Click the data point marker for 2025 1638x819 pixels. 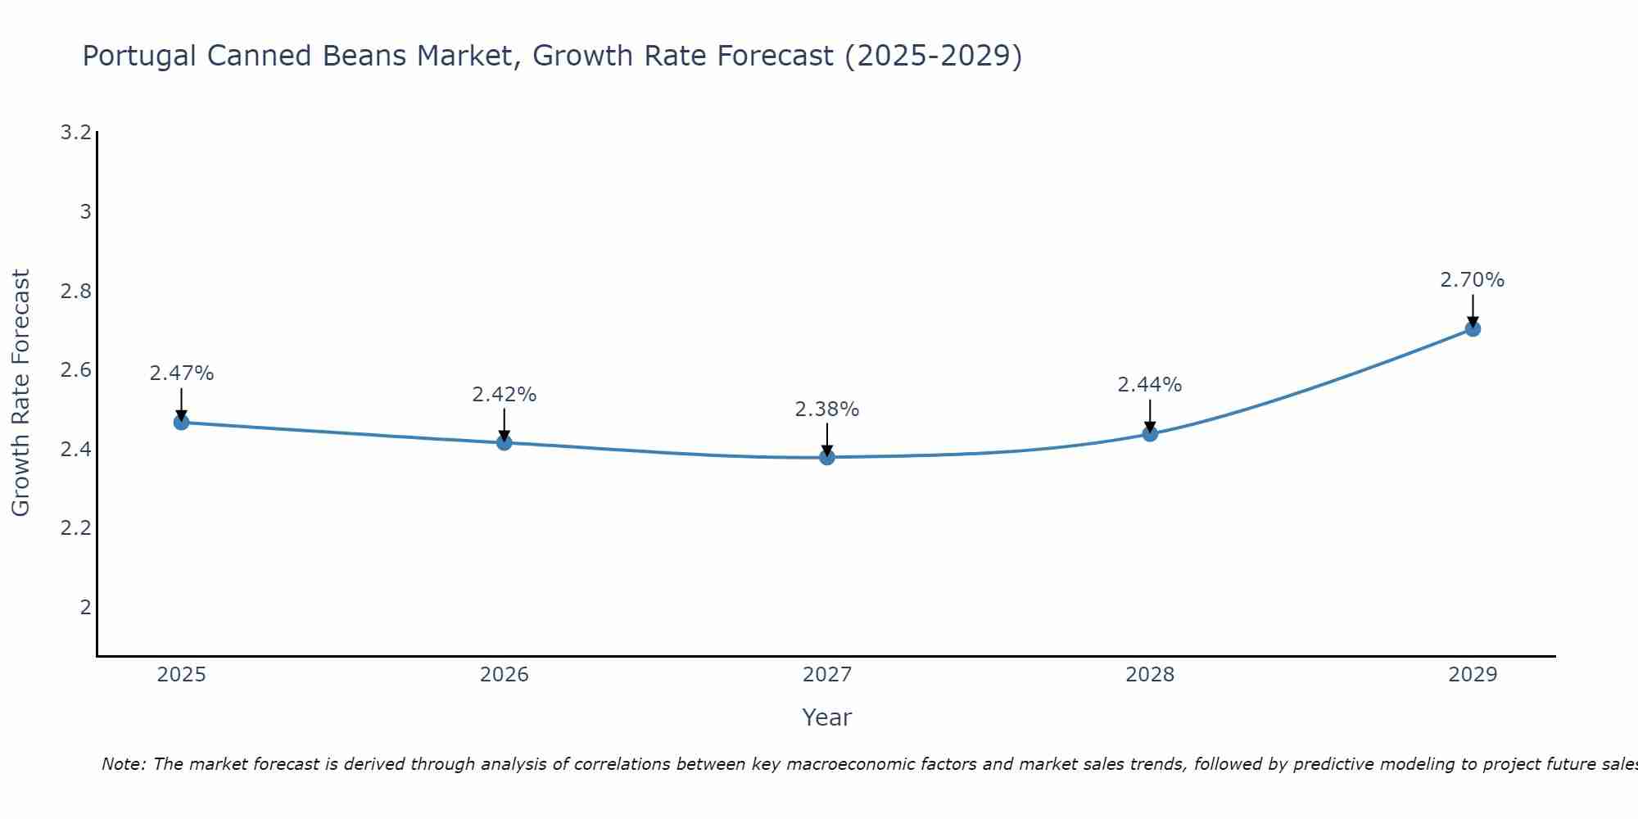182,423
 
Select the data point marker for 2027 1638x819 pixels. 827,457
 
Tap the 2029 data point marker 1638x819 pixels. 1473,329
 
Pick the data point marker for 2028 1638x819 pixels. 1150,434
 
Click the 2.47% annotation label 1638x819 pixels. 182,373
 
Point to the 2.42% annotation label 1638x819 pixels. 505,395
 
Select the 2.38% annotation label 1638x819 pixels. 827,409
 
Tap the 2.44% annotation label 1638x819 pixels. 1150,385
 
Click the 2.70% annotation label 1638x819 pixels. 1473,280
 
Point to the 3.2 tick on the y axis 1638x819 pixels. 76,133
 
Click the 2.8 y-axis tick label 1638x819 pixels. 76,292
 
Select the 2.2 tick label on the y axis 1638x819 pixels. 76,528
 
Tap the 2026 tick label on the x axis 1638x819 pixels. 505,675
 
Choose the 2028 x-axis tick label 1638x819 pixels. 1150,675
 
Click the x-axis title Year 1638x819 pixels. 827,717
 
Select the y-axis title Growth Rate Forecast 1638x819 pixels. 21,393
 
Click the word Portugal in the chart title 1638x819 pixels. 139,57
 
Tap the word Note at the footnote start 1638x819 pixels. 123,764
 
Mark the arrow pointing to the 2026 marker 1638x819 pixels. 505,424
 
